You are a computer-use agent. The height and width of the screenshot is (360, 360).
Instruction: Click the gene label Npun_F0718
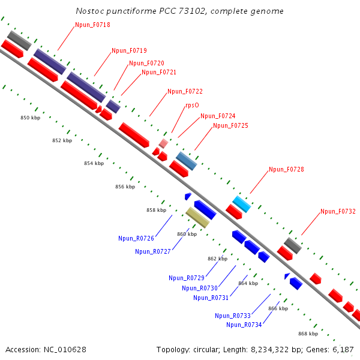pos(92,25)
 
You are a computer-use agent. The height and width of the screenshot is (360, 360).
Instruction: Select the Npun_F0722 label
pos(185,91)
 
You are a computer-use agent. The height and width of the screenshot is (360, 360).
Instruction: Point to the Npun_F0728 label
pos(286,169)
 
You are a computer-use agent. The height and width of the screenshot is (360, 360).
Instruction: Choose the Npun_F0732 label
pos(338,211)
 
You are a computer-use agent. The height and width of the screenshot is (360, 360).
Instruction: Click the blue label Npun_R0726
pos(136,238)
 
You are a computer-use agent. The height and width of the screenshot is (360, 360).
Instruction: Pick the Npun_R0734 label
pos(244,325)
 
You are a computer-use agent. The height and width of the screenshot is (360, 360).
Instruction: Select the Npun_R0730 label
pos(199,288)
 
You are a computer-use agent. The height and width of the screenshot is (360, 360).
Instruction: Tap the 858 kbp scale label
pos(156,210)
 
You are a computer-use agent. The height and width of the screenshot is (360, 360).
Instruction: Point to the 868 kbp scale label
pos(308,334)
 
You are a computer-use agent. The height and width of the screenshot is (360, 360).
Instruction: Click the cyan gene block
pos(241,204)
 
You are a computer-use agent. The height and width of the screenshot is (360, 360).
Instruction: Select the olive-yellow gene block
pos(197,217)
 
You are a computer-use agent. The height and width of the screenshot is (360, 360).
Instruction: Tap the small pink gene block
pos(163,143)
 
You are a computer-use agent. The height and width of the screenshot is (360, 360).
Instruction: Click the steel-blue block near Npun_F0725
pos(186,161)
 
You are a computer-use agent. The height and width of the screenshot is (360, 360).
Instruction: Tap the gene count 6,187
pos(343,349)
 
